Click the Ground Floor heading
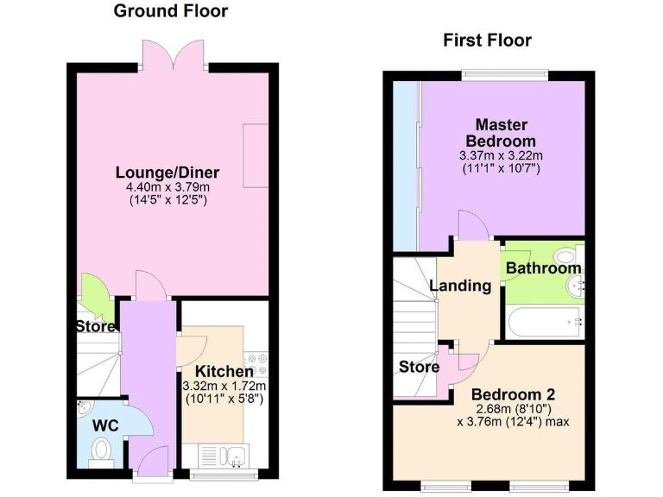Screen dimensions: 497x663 click(x=171, y=11)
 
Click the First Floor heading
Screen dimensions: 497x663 click(x=487, y=40)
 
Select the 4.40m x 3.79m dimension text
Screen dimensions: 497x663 click(x=167, y=186)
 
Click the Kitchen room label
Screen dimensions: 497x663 click(x=224, y=371)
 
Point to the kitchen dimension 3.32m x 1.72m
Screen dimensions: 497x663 click(x=224, y=386)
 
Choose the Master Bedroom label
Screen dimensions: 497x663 click(x=501, y=133)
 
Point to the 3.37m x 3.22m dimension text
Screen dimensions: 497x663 click(x=501, y=154)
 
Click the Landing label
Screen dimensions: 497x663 click(x=460, y=286)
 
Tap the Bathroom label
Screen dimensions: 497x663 click(x=543, y=268)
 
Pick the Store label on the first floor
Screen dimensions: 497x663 click(x=419, y=368)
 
